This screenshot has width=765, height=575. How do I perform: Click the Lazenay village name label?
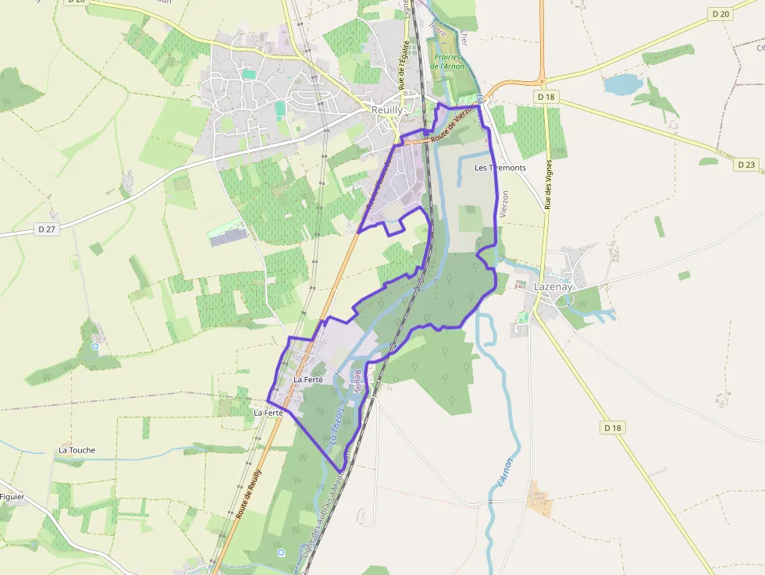click(553, 286)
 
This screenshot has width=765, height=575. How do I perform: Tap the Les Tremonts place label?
click(500, 168)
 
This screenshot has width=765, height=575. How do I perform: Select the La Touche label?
click(76, 450)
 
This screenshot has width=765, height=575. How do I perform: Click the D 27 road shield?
click(47, 229)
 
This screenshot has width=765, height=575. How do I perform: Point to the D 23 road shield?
click(746, 165)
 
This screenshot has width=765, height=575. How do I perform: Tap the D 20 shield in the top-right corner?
click(721, 14)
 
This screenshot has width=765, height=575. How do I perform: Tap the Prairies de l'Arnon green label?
click(447, 62)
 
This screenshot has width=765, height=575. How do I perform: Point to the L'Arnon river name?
click(504, 473)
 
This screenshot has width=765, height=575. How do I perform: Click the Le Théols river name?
click(337, 424)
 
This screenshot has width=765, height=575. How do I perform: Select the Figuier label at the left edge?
click(12, 497)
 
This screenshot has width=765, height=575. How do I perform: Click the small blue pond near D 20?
click(621, 83)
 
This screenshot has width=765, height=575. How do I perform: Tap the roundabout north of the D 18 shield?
click(540, 80)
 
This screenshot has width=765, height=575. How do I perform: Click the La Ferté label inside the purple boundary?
click(308, 379)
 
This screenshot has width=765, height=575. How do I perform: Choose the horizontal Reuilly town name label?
click(387, 110)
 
